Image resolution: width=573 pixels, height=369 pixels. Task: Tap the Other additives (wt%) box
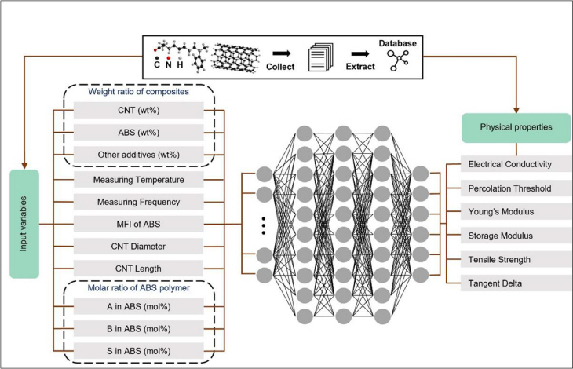pos(138,155)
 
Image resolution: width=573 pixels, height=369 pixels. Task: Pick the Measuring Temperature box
pos(138,180)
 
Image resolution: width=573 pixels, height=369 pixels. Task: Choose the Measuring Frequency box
pos(138,202)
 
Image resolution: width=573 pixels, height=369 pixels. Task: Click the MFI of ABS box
pos(138,225)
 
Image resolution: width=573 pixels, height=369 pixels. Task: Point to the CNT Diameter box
pos(138,247)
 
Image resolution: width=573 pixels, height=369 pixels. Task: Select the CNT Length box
pos(138,269)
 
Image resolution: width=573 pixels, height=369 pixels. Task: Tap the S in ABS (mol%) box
pos(138,350)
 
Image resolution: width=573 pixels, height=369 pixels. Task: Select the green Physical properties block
pos(516,126)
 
